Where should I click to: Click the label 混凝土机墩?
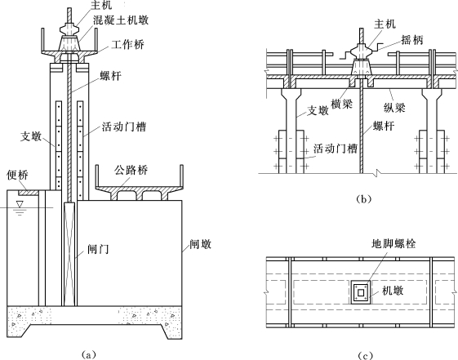click(x=121, y=20)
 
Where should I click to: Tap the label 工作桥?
click(x=127, y=44)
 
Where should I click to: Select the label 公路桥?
click(x=131, y=171)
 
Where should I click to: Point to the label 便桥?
click(x=17, y=175)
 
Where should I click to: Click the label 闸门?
click(x=98, y=249)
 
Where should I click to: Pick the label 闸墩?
click(x=200, y=244)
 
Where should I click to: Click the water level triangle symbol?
click(x=20, y=204)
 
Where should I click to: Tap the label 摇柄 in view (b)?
click(x=412, y=40)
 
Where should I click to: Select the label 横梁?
click(x=342, y=104)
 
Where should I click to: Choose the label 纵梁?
click(x=394, y=108)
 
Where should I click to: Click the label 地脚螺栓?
click(x=394, y=243)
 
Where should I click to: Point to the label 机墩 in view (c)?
click(x=394, y=291)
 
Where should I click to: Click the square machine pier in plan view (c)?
click(x=361, y=292)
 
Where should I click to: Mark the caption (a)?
click(x=88, y=354)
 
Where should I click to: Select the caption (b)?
click(x=364, y=199)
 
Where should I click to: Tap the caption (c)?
click(x=365, y=355)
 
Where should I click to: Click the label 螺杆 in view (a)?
click(x=111, y=76)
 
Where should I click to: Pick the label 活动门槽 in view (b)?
click(x=336, y=149)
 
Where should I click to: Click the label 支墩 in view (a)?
click(x=31, y=136)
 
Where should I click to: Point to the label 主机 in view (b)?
click(x=385, y=24)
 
